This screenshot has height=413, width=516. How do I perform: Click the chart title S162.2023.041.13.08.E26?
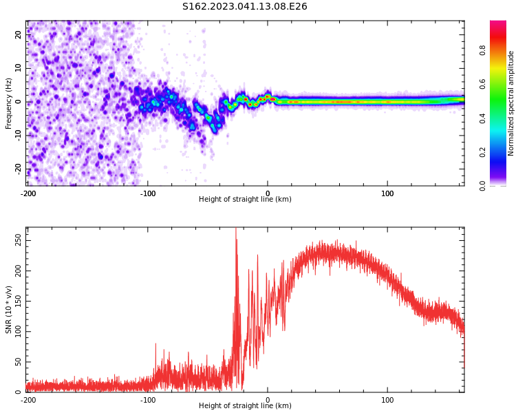coord(244,7)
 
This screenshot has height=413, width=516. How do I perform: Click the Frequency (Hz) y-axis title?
coord(9,103)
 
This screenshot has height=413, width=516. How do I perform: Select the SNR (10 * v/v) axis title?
coord(9,310)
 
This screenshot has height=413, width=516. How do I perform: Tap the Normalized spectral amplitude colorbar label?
coord(511,103)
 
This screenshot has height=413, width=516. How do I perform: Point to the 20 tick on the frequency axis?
coord(19,34)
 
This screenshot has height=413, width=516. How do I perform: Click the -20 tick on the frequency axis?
coord(17,169)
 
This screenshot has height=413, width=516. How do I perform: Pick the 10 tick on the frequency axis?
coord(19,68)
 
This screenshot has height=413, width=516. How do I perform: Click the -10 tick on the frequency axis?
coord(17,135)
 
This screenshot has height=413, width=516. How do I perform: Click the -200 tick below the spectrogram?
coord(28,193)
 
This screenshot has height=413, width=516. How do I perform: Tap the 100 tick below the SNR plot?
coord(387,400)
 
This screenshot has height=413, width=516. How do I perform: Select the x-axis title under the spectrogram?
coord(245,200)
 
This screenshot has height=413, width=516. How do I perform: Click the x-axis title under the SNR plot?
coord(245,406)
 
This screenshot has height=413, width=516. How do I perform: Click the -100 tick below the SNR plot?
coord(148,400)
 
